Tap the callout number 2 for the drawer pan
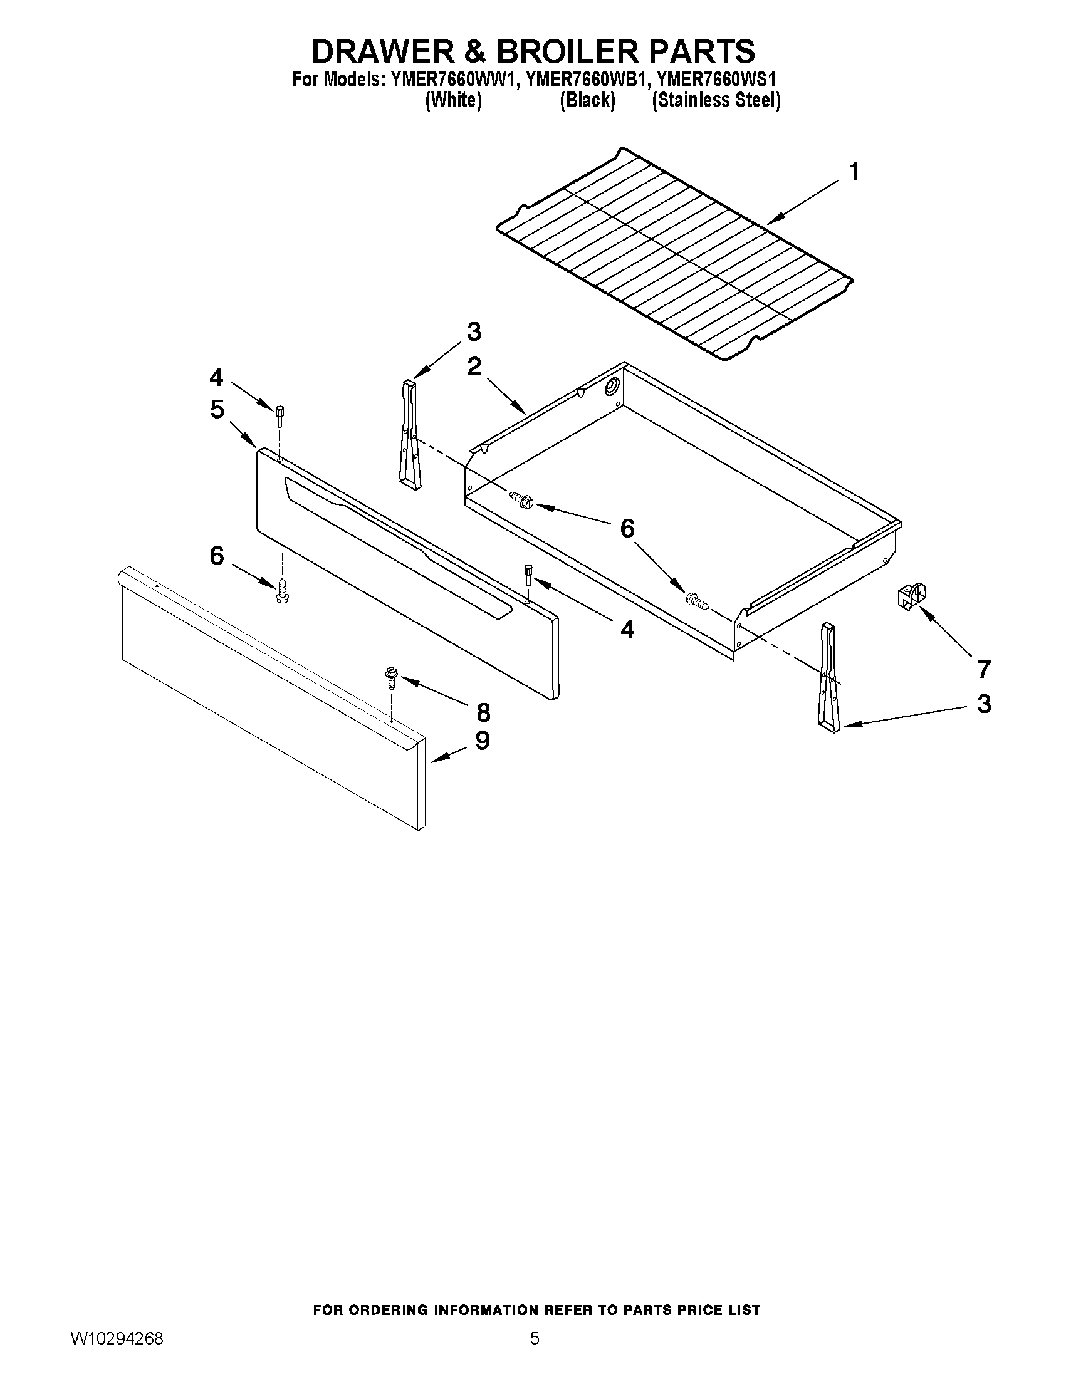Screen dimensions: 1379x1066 (474, 367)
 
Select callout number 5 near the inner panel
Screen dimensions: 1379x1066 (217, 410)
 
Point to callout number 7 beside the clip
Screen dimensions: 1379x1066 (984, 669)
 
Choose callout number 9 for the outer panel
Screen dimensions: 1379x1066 (483, 740)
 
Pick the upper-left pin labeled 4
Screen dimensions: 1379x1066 (278, 415)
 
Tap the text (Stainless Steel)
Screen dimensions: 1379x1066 (716, 100)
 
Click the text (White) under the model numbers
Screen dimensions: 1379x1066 (454, 100)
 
